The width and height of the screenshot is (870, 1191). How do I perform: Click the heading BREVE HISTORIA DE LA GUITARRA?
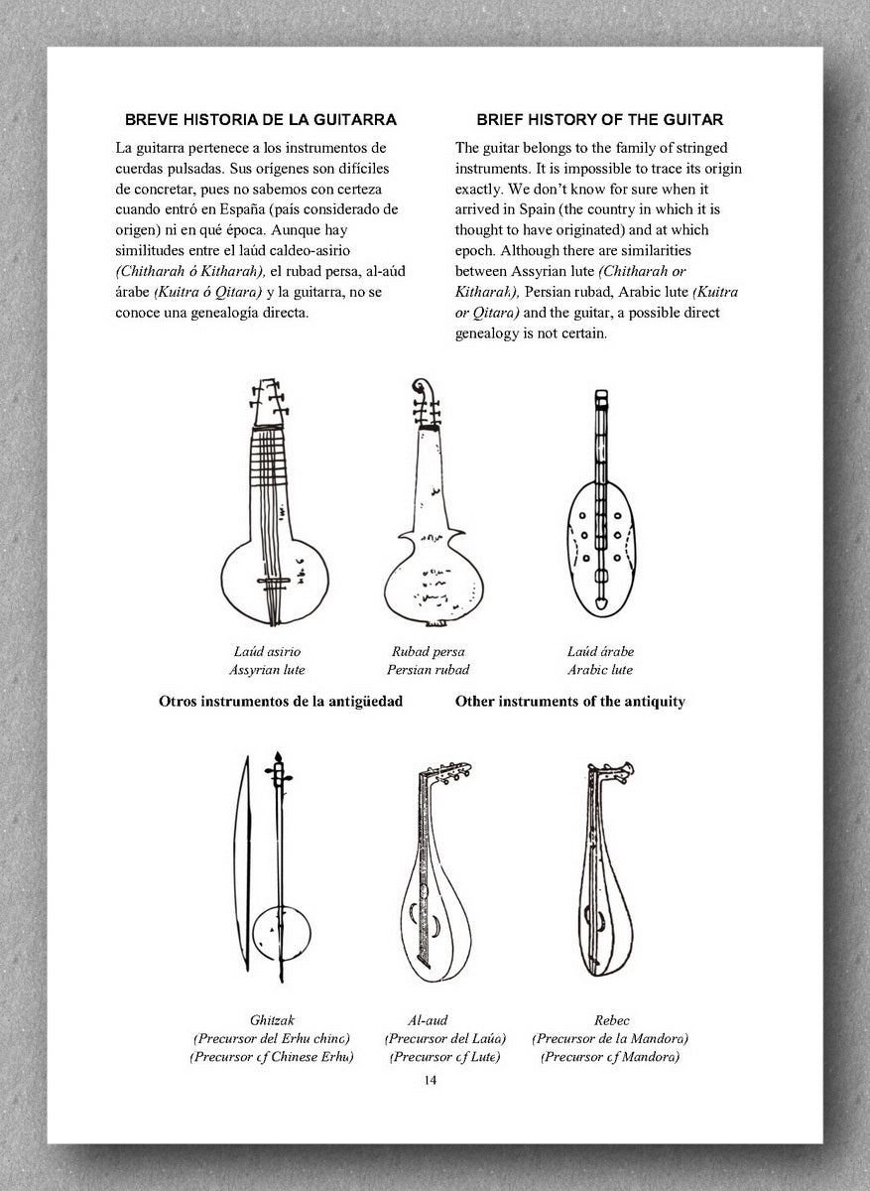pos(260,120)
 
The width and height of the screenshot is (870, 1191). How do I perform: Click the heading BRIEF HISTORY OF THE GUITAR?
pos(599,120)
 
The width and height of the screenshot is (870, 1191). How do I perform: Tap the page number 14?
pos(430,1080)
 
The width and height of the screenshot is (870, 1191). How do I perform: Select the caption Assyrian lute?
pos(267,670)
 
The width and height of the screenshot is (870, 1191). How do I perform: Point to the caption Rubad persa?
pos(428,652)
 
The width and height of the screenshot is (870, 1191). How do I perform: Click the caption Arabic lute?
pos(600,670)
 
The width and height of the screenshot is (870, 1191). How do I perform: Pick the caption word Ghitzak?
pos(272,1019)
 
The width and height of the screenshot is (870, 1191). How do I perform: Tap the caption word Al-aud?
pos(428,1019)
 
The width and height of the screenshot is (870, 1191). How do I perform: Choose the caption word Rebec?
pos(611,1019)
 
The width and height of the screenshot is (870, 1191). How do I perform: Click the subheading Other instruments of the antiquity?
pos(569,702)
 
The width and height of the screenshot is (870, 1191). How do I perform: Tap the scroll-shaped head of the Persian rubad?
pos(423,389)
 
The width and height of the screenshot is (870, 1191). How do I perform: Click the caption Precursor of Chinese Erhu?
pos(272,1057)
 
